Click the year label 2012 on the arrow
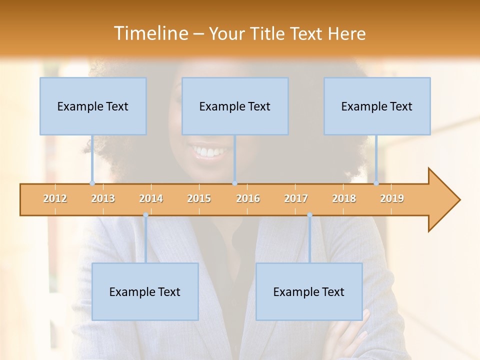pos(55,199)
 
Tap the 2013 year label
pos(103,199)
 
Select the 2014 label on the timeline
pos(151,199)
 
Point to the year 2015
pos(199,199)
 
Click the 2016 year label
pos(248,199)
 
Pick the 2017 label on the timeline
pos(296,199)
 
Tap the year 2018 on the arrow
pos(344,199)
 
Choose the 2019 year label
pos(392,199)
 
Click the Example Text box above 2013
pos(93,106)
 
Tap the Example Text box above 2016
pos(235,106)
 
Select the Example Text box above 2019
pos(377,106)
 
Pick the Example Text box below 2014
pos(145,292)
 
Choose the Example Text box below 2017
pos(309,292)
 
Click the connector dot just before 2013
pos(92,183)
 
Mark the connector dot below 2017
pos(309,215)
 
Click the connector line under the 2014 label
pos(145,240)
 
